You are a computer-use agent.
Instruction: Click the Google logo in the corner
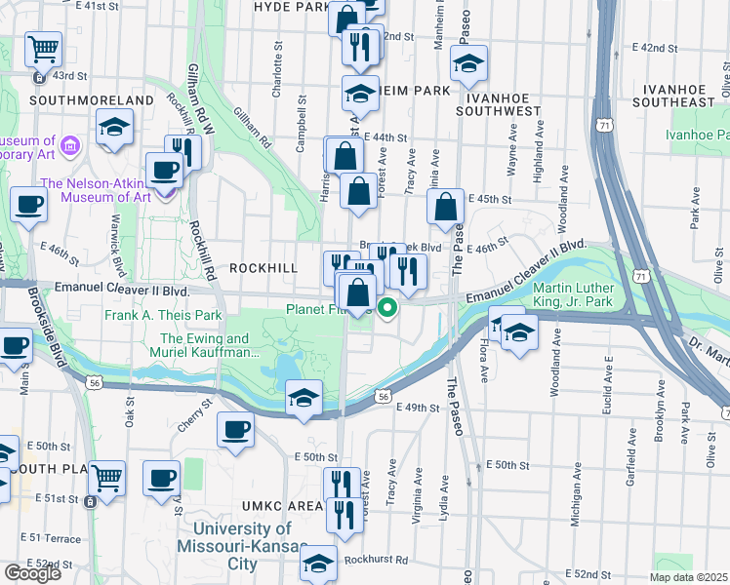pos(31,573)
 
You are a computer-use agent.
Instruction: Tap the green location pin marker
pos(387,309)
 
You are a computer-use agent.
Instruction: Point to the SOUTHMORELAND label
pos(92,100)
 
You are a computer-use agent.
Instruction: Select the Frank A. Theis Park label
pos(164,315)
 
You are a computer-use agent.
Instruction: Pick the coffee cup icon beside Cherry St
pos(235,429)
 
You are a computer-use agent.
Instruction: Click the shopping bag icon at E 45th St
pos(445,207)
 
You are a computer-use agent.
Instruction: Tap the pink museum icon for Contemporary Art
pos(69,147)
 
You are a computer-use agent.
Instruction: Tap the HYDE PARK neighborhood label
pos(291,7)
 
